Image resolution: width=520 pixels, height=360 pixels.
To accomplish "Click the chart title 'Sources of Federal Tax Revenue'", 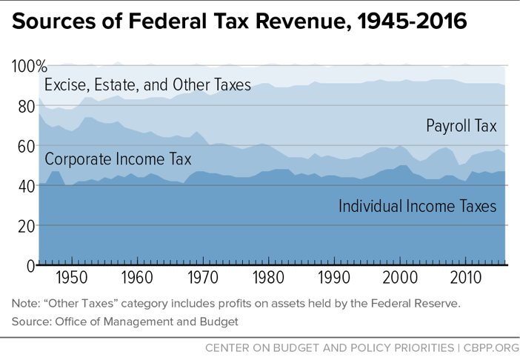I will pos(240,22).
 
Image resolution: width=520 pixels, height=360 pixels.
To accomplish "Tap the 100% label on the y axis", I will pos(29,67).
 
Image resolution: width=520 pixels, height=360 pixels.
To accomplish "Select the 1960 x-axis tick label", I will pos(135,279).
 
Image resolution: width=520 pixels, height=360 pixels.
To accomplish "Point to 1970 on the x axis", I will pos(201,279).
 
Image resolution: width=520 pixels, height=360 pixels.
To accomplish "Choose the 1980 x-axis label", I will pos(267,279).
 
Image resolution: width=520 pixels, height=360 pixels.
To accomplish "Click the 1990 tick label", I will pos(333,279).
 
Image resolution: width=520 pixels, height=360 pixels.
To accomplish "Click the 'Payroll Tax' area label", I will pos(461,126).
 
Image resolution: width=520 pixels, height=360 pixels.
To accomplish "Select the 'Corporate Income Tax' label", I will pos(118,159).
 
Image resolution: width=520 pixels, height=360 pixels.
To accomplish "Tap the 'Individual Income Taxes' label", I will pos(417,206).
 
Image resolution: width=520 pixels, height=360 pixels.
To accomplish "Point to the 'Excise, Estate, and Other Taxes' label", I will pos(148,84).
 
